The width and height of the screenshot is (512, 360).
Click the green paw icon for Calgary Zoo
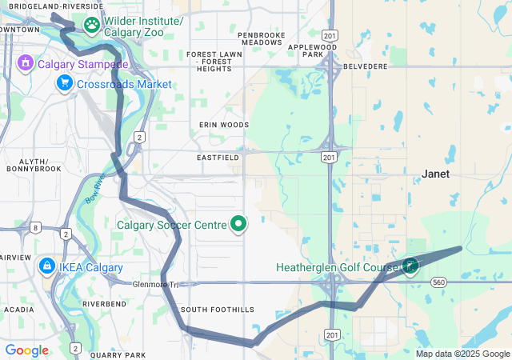(x=93, y=26)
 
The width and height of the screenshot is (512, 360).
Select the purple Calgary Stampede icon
(x=26, y=62)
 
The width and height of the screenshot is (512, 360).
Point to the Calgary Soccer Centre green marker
(x=238, y=225)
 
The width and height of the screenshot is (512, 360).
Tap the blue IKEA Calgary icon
(x=47, y=266)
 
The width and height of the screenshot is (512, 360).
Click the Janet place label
(x=436, y=174)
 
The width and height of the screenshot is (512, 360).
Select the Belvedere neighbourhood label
(x=365, y=66)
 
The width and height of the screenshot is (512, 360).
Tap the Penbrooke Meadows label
(x=262, y=39)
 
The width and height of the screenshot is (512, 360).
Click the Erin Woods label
(x=224, y=125)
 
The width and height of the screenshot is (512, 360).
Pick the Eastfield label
(x=218, y=158)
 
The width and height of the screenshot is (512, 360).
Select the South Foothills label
(x=217, y=310)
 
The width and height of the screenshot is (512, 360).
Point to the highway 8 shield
(x=36, y=228)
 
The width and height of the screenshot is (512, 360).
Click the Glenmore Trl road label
(x=158, y=284)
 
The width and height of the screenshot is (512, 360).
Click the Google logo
(x=26, y=350)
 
